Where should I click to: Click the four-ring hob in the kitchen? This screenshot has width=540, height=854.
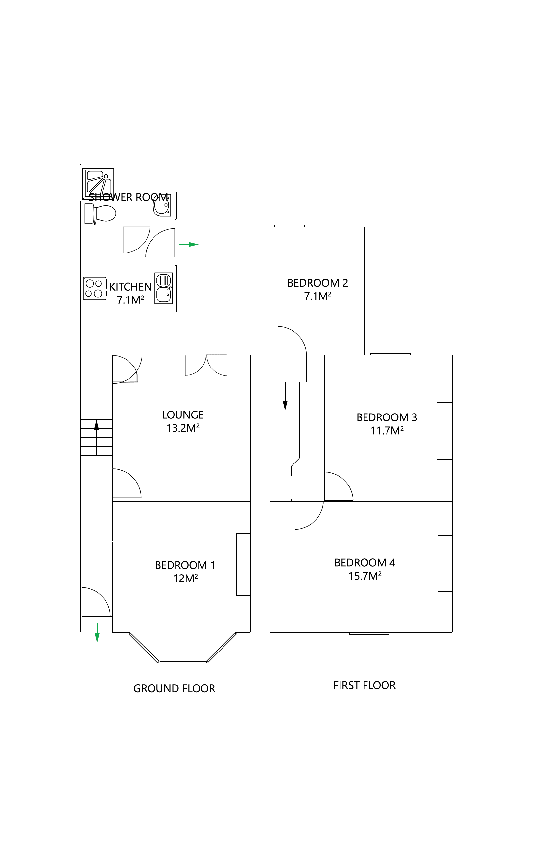[x=94, y=288]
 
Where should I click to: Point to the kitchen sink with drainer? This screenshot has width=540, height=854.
[x=163, y=288]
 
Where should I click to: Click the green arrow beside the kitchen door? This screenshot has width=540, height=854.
[x=189, y=244]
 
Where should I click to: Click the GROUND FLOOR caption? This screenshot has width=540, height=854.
[x=174, y=688]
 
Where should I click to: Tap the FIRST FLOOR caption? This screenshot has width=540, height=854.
[x=364, y=685]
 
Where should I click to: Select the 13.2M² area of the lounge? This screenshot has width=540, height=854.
[x=183, y=428]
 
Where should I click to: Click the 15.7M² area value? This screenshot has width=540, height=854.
[x=364, y=576]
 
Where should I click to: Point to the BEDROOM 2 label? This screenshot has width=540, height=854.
[x=317, y=283]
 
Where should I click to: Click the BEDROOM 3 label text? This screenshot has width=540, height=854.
[x=387, y=417]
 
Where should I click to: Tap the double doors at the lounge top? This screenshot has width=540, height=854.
[x=206, y=365]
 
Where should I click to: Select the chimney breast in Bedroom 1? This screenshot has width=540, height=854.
[x=243, y=564]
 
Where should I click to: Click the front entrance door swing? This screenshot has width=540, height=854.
[x=95, y=602]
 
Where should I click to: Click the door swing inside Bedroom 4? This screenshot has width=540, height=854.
[x=308, y=515]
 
